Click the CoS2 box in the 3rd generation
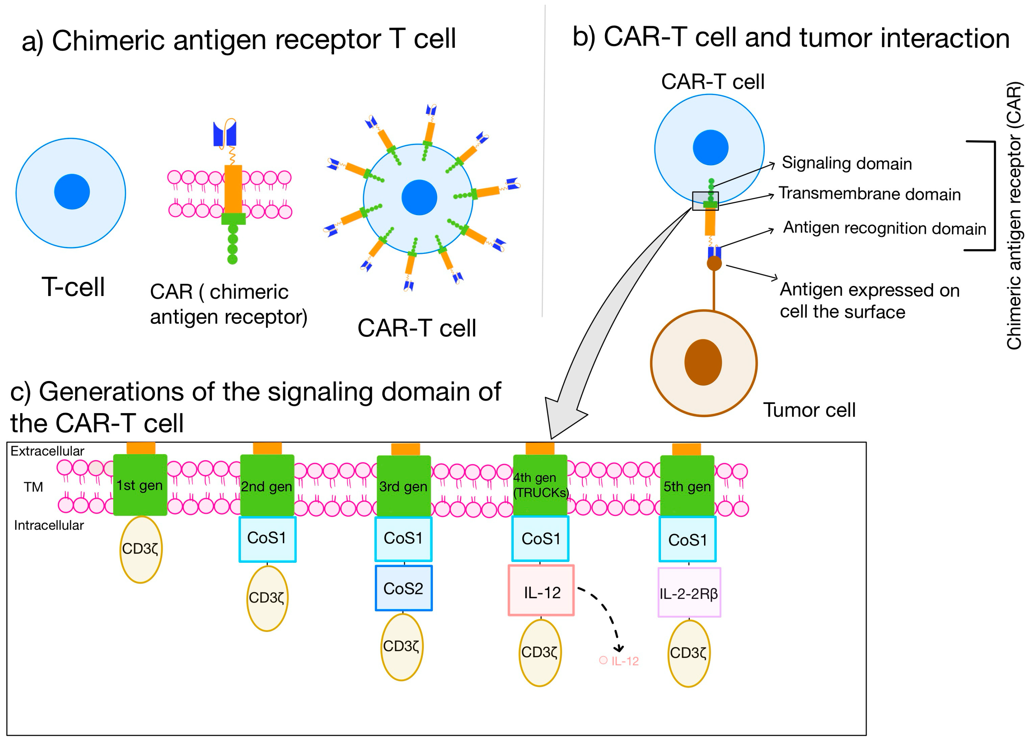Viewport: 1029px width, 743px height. tap(403, 588)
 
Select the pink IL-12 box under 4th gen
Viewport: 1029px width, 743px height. tap(541, 590)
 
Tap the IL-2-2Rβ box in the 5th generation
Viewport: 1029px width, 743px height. tap(689, 592)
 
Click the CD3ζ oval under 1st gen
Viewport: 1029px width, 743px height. tap(141, 549)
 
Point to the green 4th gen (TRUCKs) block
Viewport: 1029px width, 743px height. tap(540, 485)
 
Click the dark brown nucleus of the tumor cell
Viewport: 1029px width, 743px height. tap(703, 362)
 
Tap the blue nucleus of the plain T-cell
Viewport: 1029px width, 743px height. tap(72, 192)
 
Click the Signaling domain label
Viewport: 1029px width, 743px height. tap(847, 163)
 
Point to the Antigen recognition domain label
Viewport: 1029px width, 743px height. tap(885, 228)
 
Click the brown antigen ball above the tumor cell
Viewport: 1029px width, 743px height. tap(714, 263)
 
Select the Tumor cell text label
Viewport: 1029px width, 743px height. tap(809, 410)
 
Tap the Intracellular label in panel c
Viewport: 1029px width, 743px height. tap(49, 525)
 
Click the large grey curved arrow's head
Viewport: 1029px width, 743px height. tap(562, 416)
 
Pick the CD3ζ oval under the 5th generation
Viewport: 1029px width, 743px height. tap(689, 653)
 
